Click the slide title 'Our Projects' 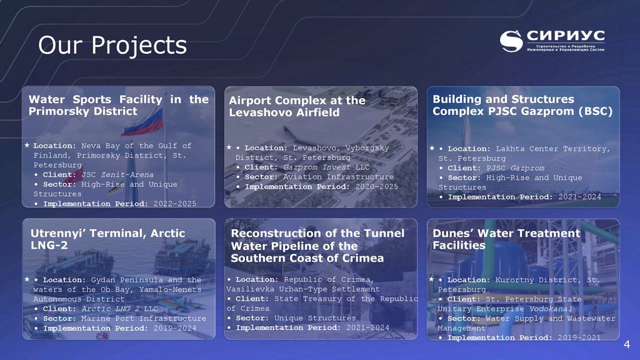[112, 45]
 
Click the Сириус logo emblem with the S [511, 41]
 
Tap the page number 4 [627, 346]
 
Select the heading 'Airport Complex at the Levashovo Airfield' [297, 106]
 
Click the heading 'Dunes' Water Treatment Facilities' [506, 239]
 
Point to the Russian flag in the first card [142, 122]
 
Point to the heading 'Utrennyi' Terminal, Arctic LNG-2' [107, 239]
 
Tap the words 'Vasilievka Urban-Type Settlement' [302, 289]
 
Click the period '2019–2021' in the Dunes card [579, 337]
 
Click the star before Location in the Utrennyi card [27, 279]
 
